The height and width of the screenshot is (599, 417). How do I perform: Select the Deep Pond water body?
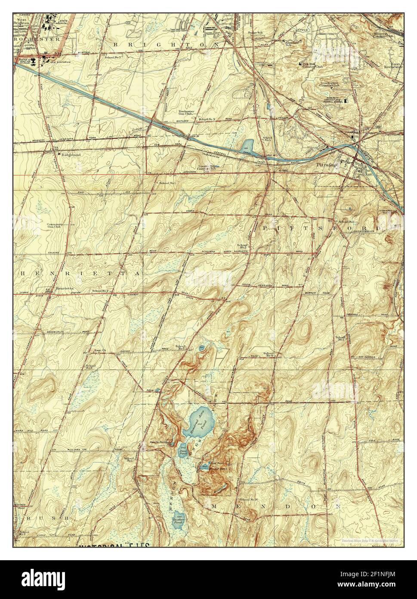coord(182,450)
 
